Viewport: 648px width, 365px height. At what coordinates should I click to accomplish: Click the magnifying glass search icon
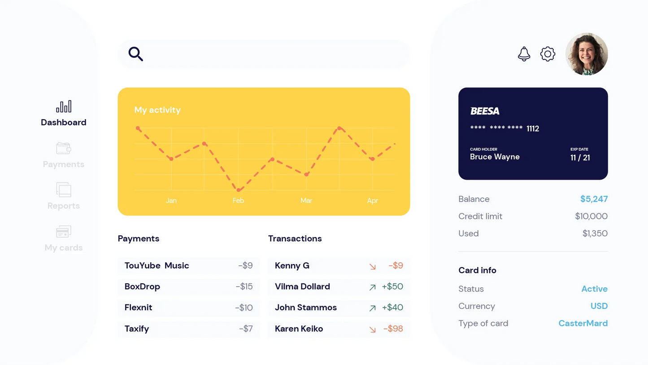coord(135,54)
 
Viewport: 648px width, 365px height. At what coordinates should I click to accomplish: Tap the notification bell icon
coord(524,54)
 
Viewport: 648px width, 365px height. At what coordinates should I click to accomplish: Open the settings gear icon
coord(548,54)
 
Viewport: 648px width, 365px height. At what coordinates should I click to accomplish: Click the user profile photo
coord(586,54)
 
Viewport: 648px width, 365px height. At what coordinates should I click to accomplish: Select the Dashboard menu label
coord(64,122)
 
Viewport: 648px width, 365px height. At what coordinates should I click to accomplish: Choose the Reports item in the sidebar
coord(64,206)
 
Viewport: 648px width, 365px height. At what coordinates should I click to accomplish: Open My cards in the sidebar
coord(64,248)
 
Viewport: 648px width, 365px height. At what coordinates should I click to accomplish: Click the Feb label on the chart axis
coord(238,200)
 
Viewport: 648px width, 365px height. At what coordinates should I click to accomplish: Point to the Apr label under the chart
coord(372,200)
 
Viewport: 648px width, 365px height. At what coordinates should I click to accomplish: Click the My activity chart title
coord(157,110)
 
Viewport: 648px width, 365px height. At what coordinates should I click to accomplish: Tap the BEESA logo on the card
coord(485,111)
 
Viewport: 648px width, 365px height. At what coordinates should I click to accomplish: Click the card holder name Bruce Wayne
coord(495,157)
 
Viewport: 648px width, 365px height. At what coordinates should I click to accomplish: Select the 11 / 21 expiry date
coord(580,158)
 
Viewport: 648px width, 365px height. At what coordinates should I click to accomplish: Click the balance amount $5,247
coord(594,199)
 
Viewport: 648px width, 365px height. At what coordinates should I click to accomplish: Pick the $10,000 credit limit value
coord(591,217)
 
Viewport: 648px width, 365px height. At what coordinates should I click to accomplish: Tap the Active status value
coord(594,289)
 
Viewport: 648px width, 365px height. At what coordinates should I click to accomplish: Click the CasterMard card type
coord(583,323)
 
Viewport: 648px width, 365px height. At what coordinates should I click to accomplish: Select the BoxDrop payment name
coord(142,287)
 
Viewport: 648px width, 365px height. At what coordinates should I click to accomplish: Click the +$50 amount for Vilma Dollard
coord(392,287)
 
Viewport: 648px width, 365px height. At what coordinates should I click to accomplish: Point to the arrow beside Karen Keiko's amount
coord(372,330)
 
